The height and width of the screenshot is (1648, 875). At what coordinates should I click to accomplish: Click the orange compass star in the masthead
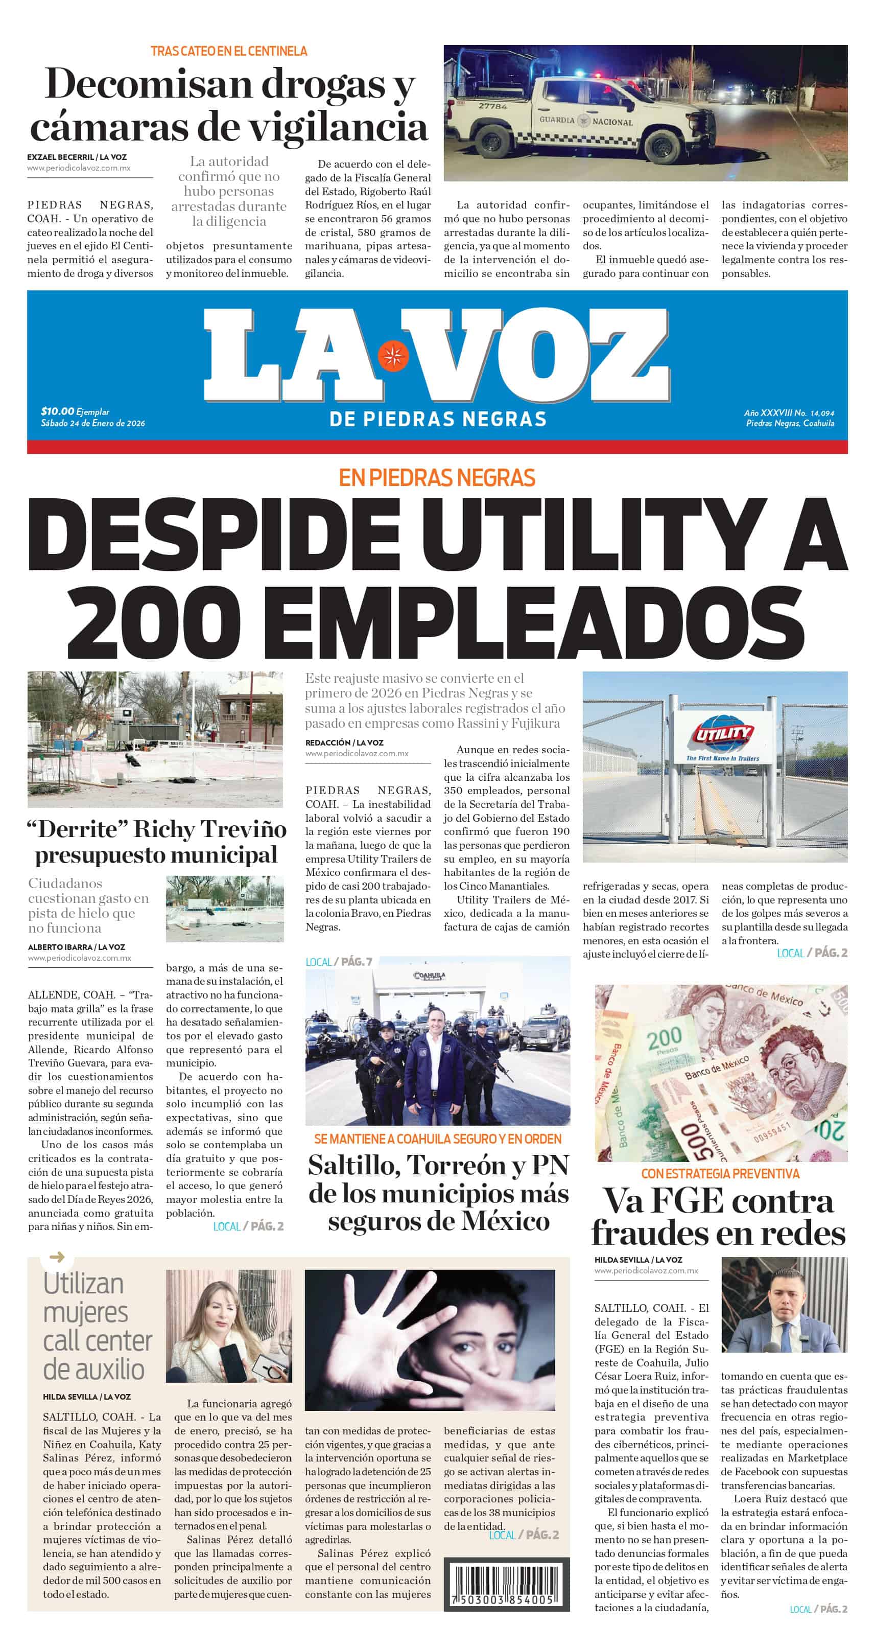click(x=393, y=356)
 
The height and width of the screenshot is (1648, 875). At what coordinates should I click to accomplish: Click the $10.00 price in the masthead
click(x=58, y=411)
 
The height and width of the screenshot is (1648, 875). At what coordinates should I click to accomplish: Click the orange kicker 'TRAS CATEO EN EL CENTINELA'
click(x=228, y=51)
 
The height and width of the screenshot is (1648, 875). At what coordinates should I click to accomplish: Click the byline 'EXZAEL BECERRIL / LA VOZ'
click(x=77, y=157)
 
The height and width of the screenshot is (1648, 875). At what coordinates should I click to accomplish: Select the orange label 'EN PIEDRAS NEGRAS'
click(x=437, y=478)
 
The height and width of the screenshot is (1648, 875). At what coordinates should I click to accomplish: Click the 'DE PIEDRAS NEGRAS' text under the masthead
click(x=437, y=419)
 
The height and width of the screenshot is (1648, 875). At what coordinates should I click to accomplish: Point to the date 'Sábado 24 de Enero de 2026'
click(x=93, y=423)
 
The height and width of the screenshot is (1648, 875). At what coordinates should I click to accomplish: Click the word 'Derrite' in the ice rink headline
click(x=79, y=829)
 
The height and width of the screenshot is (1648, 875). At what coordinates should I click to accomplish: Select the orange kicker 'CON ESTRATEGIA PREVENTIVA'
click(x=720, y=1173)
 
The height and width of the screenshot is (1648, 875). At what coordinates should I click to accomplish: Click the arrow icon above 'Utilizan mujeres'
click(x=57, y=1257)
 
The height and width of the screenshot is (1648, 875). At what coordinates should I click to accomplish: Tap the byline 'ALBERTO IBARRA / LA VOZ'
click(x=76, y=947)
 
